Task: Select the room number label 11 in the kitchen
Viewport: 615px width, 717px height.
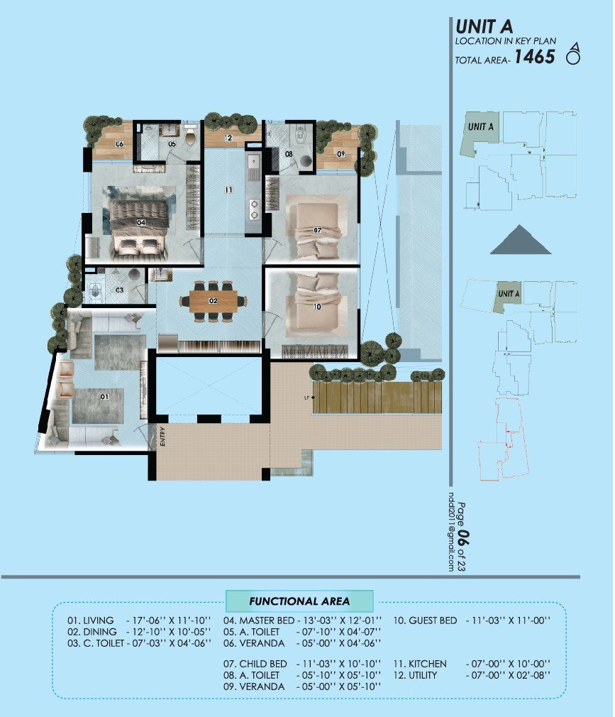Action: coord(227,190)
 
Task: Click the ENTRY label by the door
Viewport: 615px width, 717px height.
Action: coord(162,435)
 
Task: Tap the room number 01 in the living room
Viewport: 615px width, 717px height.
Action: coord(104,397)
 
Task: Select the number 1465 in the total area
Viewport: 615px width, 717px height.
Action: coord(534,58)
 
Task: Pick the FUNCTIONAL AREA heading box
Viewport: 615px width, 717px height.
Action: coord(299,601)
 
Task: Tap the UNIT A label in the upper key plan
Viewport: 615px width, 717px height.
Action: coord(481,126)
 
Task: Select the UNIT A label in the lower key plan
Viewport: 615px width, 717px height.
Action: coord(509,293)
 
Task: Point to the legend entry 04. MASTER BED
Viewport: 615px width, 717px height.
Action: coord(258,620)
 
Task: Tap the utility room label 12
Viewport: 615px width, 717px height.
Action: coord(228,138)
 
